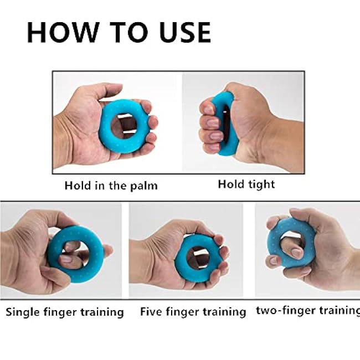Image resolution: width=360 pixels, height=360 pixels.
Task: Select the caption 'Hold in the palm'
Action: (111, 186)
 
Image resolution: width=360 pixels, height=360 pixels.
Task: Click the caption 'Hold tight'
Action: (246, 184)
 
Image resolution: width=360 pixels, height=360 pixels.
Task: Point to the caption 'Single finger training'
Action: (65, 312)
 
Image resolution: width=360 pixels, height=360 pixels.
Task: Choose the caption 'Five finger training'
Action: (193, 312)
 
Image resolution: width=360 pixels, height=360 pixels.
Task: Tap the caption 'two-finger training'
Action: (307, 310)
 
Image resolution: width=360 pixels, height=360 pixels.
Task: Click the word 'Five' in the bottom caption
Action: (152, 312)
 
